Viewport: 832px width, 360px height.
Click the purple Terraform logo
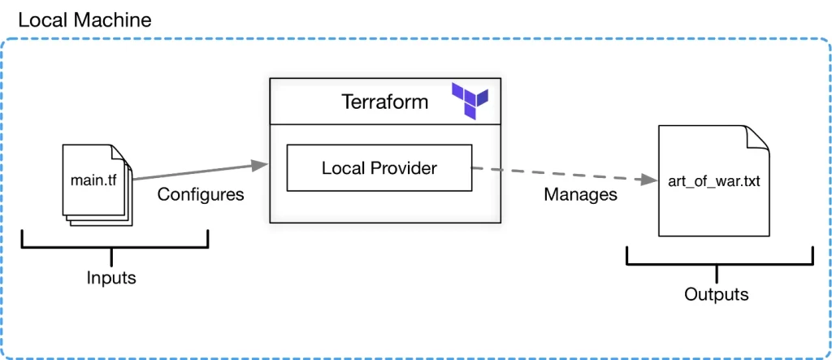[470, 101]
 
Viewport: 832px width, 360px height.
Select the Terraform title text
[385, 102]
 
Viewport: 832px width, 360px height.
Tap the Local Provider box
[379, 168]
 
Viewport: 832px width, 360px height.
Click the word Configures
[201, 195]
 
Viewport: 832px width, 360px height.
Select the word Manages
[580, 195]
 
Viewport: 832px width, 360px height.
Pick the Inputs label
[111, 278]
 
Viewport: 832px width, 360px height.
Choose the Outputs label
[716, 294]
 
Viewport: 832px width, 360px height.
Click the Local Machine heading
[84, 20]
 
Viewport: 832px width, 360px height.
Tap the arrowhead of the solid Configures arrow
[260, 166]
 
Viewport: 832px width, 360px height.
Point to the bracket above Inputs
[115, 243]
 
